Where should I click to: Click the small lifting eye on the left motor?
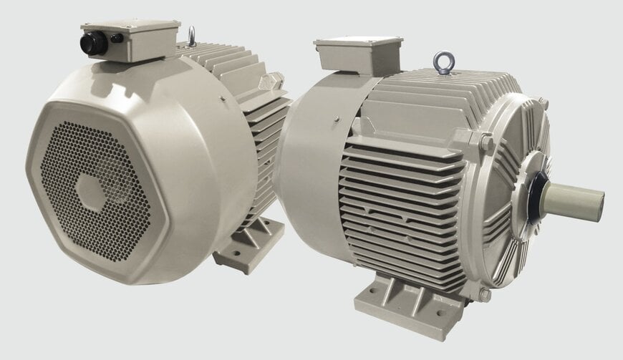(x=191, y=34)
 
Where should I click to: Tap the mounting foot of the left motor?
(x=247, y=243)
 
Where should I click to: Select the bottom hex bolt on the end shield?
(x=484, y=293)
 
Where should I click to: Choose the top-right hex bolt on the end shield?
(x=542, y=103)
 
